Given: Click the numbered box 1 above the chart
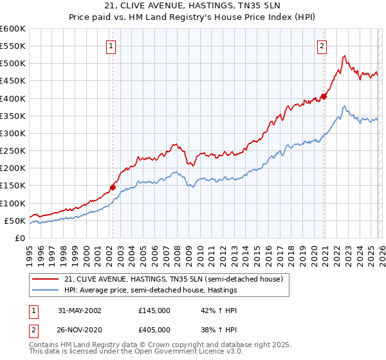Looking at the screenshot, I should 112,46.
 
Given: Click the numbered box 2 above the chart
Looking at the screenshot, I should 321,46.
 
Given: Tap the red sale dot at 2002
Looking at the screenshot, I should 113,188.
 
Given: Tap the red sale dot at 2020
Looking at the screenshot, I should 324,96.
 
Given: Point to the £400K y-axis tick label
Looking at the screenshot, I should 13,99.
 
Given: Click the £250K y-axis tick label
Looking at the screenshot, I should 13,151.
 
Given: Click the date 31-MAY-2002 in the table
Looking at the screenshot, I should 80,310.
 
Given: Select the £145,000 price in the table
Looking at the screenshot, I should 154,310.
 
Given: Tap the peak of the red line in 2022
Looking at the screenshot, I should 345,56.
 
